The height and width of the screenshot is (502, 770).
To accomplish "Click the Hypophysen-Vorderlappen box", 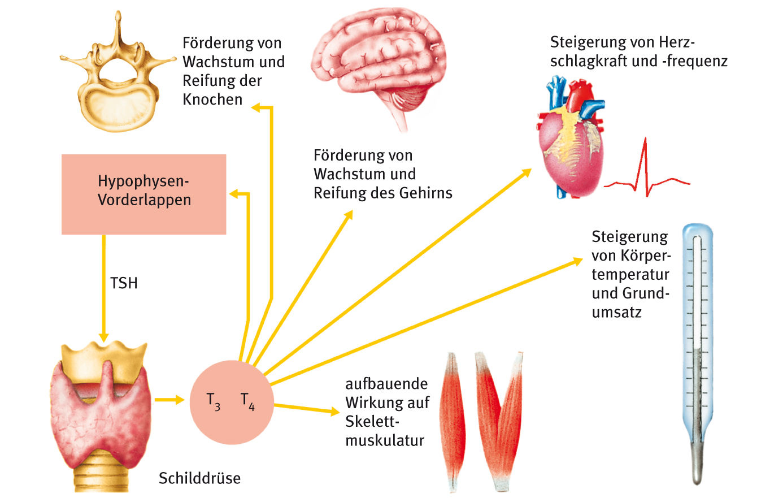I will [x=143, y=194].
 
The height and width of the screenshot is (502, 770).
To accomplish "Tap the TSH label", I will [x=124, y=283].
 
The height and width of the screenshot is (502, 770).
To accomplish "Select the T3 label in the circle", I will [x=213, y=402].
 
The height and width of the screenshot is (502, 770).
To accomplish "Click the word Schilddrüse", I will [x=199, y=478].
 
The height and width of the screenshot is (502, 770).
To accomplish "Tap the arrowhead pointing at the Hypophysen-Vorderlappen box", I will [x=233, y=194].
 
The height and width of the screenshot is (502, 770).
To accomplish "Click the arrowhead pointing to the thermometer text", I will [x=577, y=261].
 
